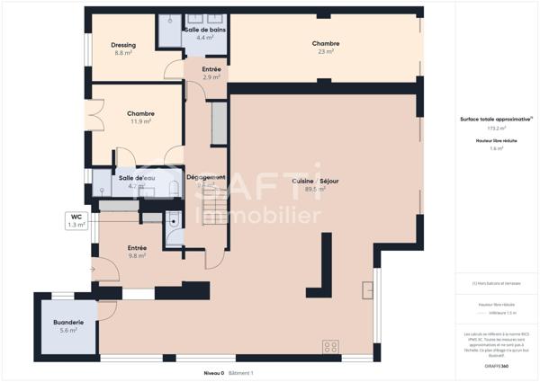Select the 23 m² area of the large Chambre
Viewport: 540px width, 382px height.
click(325, 52)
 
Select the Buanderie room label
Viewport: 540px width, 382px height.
click(68, 322)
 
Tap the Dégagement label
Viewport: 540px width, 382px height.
click(205, 178)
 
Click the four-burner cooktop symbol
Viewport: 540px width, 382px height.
click(330, 346)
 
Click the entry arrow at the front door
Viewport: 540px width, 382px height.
click(94, 269)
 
